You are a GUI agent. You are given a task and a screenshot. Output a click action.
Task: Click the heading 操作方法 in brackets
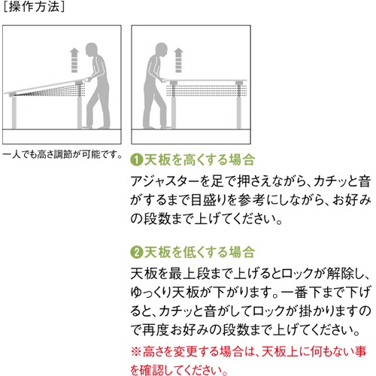pyautogui.click(x=34, y=7)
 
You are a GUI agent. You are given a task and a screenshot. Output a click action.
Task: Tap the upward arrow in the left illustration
pyautogui.click(x=74, y=61)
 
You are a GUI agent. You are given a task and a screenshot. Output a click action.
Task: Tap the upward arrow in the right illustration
pyautogui.click(x=178, y=60)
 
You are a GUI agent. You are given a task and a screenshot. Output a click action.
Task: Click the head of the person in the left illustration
pyautogui.click(x=91, y=50)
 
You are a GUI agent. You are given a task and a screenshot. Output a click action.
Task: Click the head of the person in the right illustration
pyautogui.click(x=161, y=50)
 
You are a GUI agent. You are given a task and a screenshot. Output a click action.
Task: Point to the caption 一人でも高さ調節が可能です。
pyautogui.click(x=62, y=154)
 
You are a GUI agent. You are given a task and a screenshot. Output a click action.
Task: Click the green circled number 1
pyautogui.click(x=137, y=159)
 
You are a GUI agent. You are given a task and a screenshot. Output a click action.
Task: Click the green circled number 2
pyautogui.click(x=137, y=252)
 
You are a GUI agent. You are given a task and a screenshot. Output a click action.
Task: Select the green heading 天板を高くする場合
pyautogui.click(x=199, y=159)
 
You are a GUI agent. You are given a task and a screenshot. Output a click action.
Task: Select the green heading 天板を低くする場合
pyautogui.click(x=199, y=252)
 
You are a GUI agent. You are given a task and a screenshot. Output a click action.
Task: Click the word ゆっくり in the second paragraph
pyautogui.click(x=151, y=293)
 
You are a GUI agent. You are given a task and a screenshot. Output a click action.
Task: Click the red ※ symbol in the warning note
pyautogui.click(x=136, y=352)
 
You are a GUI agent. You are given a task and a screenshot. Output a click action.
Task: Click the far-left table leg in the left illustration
pyautogui.click(x=14, y=112)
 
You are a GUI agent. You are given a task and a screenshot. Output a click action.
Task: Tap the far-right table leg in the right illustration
pyautogui.click(x=239, y=107)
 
